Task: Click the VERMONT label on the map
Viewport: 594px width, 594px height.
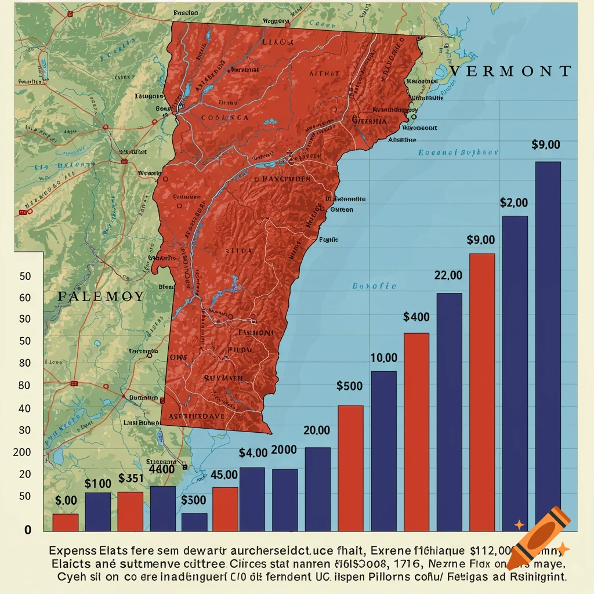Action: [x=510, y=71]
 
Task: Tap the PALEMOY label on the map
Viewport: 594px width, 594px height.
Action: [x=102, y=296]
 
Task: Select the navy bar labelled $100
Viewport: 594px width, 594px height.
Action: [x=98, y=512]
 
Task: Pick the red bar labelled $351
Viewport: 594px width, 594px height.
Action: [x=131, y=511]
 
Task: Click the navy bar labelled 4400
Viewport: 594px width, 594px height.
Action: [x=163, y=508]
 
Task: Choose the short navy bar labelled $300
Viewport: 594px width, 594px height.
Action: [x=194, y=521]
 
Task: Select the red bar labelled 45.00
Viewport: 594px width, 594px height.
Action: [x=225, y=509]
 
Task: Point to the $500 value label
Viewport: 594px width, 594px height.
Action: [x=349, y=386]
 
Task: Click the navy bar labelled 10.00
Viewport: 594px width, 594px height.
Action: [x=383, y=451]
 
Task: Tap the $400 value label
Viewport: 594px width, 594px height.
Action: [x=416, y=317]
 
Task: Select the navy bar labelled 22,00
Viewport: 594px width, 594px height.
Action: [x=449, y=412]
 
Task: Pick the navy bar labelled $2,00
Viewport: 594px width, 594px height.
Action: [x=515, y=373]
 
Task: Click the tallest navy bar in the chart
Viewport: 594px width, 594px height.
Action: [x=548, y=346]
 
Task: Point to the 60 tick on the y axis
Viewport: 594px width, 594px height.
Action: [x=25, y=298]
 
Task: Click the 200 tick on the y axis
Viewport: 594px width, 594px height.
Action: [x=22, y=452]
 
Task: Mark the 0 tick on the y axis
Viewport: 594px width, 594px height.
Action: [x=27, y=530]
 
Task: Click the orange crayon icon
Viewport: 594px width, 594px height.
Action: [x=537, y=537]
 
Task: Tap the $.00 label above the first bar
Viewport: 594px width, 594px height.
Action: [x=66, y=500]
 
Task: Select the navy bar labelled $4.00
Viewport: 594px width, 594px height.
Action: [x=252, y=499]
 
